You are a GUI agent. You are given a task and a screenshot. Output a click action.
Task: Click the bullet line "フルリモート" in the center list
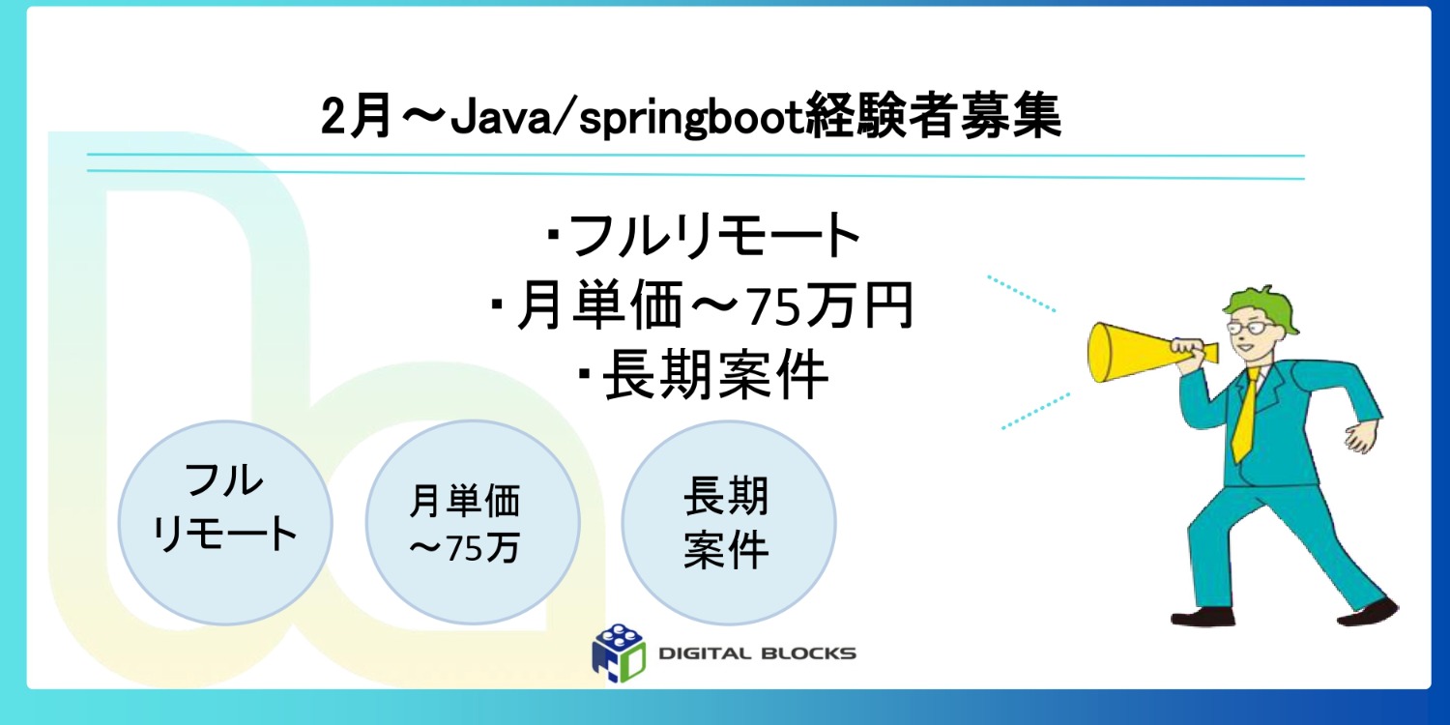pyautogui.click(x=704, y=236)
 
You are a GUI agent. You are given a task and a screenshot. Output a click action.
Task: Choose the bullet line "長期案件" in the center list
pyautogui.click(x=704, y=378)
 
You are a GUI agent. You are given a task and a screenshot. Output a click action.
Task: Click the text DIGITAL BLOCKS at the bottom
pyautogui.click(x=757, y=653)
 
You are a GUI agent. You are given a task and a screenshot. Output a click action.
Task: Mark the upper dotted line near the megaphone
pyautogui.click(x=1021, y=293)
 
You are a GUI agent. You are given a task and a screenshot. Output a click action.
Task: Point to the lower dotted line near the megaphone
pyautogui.click(x=1035, y=410)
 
